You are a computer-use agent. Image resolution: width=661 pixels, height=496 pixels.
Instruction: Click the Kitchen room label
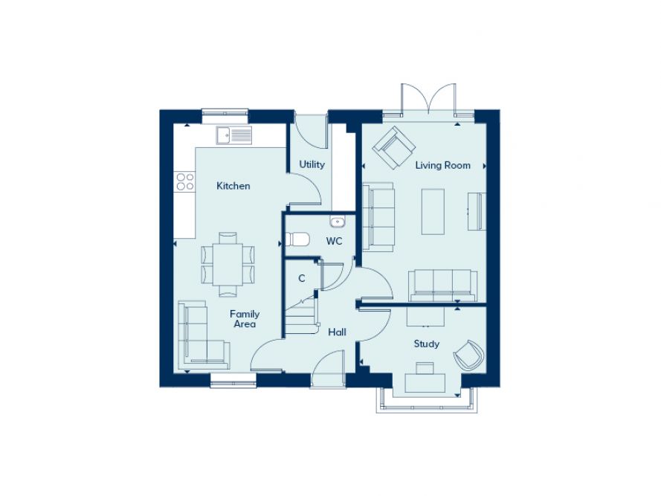coord(233,186)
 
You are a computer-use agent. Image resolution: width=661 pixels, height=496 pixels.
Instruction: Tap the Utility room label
coord(312,164)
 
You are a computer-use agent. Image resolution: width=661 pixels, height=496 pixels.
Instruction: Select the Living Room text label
coord(443,165)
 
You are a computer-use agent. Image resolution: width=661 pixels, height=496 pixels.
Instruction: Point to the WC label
coord(335,241)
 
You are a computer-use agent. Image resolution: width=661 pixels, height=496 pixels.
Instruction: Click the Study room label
coord(427,344)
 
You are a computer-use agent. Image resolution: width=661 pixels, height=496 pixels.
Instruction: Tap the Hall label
coord(338,332)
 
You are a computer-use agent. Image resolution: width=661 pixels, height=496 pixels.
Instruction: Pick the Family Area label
coord(245,319)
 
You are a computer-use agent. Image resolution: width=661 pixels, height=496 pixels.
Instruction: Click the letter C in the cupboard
coord(301,278)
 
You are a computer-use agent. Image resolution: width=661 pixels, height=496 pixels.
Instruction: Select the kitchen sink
coord(234,135)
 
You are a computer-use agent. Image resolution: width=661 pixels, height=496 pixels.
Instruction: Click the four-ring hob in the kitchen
coord(185,181)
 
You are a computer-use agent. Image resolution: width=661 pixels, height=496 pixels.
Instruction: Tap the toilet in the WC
coord(297,239)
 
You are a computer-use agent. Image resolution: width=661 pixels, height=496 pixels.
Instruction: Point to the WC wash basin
coord(338,222)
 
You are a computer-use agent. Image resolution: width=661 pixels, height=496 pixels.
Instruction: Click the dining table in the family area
coord(228,265)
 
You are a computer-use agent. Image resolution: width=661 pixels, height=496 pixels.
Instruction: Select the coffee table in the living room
coord(433,211)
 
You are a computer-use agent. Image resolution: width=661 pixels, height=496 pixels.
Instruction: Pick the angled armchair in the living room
coord(394,148)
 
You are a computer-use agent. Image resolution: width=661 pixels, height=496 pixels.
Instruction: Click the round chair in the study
coord(468,355)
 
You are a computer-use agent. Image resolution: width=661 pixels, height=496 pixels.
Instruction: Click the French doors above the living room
coord(428,99)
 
